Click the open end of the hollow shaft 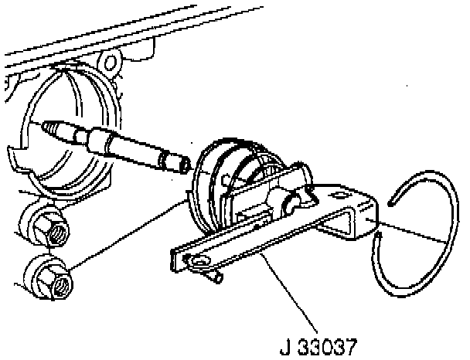pyautogui.click(x=185, y=164)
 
